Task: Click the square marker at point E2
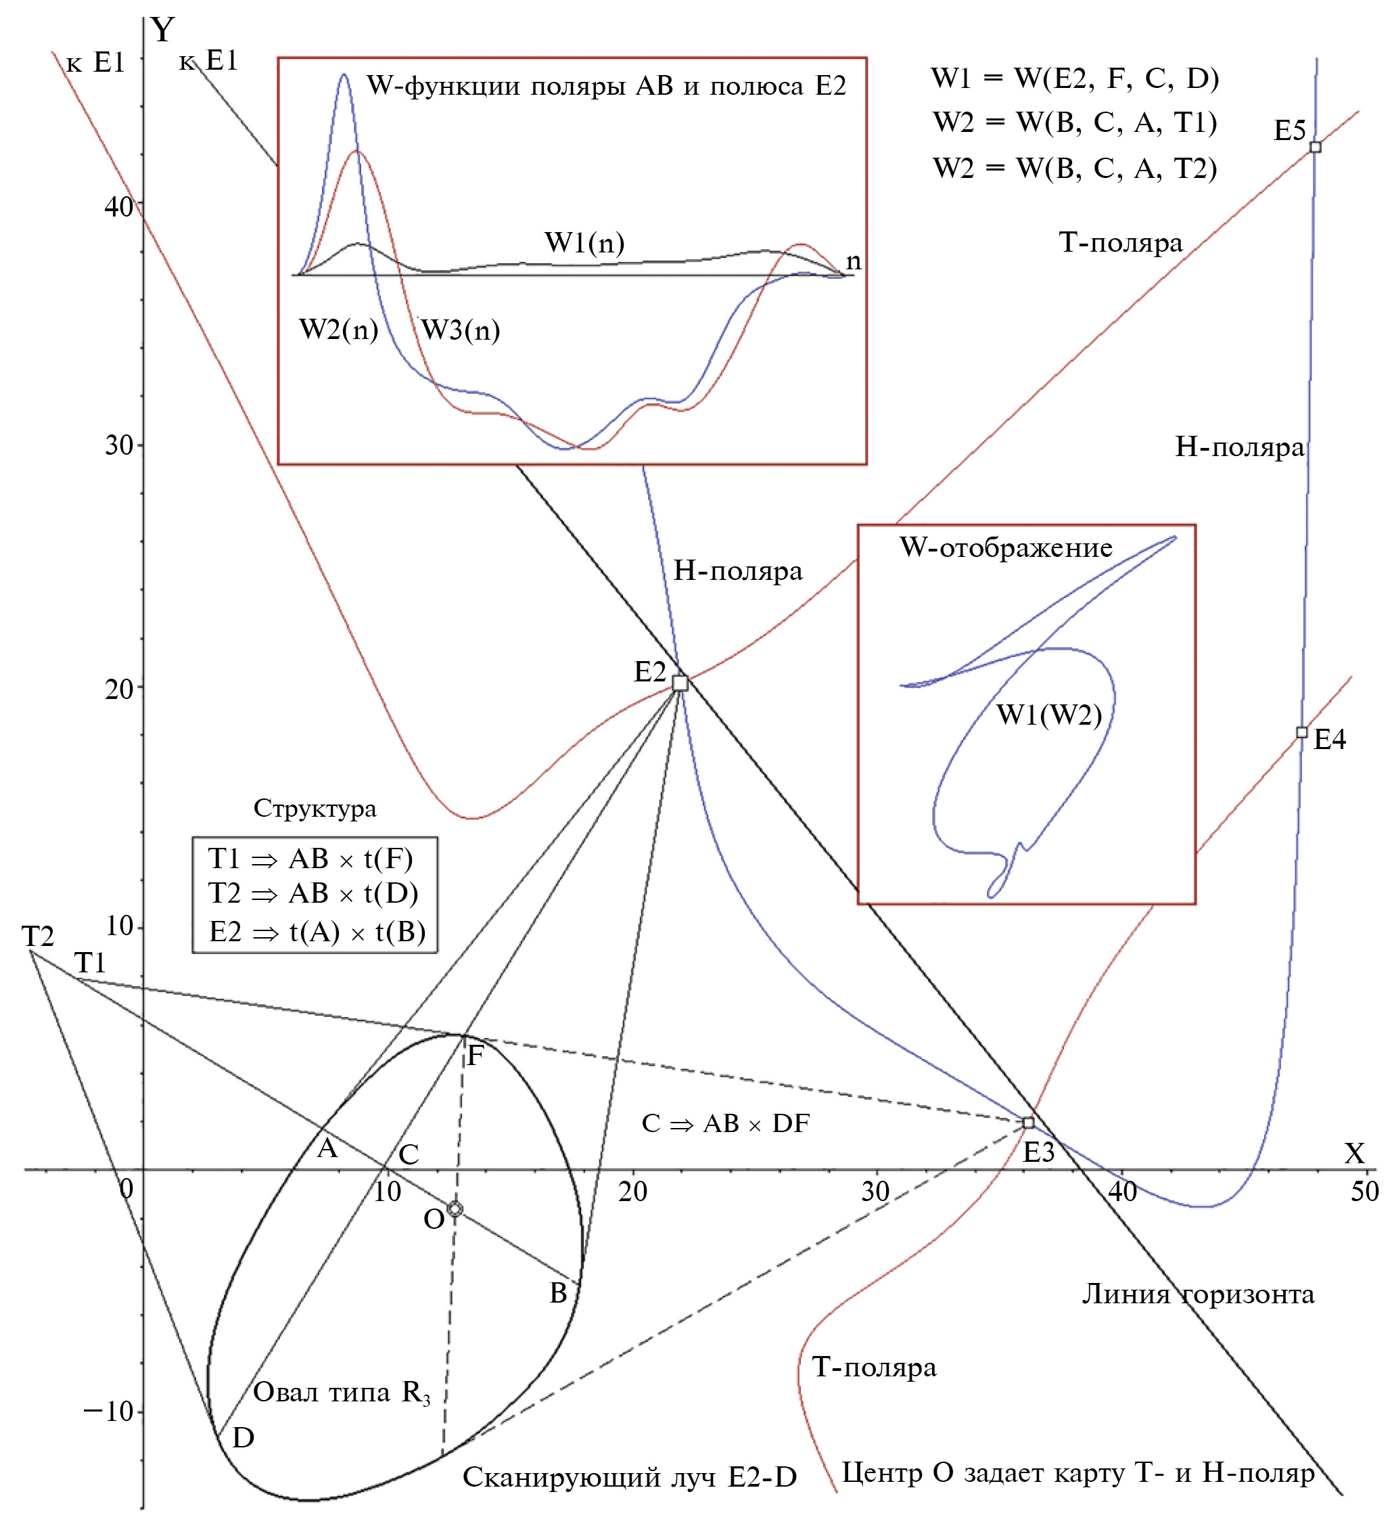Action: pyautogui.click(x=679, y=683)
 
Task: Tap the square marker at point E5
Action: pyautogui.click(x=1315, y=147)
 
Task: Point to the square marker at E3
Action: pyautogui.click(x=1028, y=1123)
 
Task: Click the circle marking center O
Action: pyautogui.click(x=455, y=1209)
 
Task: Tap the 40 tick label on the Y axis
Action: pyautogui.click(x=118, y=206)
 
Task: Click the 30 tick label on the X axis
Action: pyautogui.click(x=875, y=1192)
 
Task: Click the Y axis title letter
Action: pyautogui.click(x=163, y=30)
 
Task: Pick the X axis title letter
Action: pyautogui.click(x=1354, y=1154)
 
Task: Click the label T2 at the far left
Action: pyautogui.click(x=37, y=936)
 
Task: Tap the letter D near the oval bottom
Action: pyautogui.click(x=243, y=1437)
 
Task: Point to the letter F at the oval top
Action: pyautogui.click(x=475, y=1056)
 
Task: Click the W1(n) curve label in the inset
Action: pyautogui.click(x=584, y=243)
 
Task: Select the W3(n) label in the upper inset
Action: pyautogui.click(x=461, y=330)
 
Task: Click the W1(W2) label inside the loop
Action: pyautogui.click(x=1049, y=715)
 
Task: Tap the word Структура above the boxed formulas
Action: pyautogui.click(x=315, y=808)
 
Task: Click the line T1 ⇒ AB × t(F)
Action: pyautogui.click(x=310, y=858)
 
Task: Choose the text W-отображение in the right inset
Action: pyautogui.click(x=1006, y=548)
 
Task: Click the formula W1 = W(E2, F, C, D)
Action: pyautogui.click(x=1074, y=78)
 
